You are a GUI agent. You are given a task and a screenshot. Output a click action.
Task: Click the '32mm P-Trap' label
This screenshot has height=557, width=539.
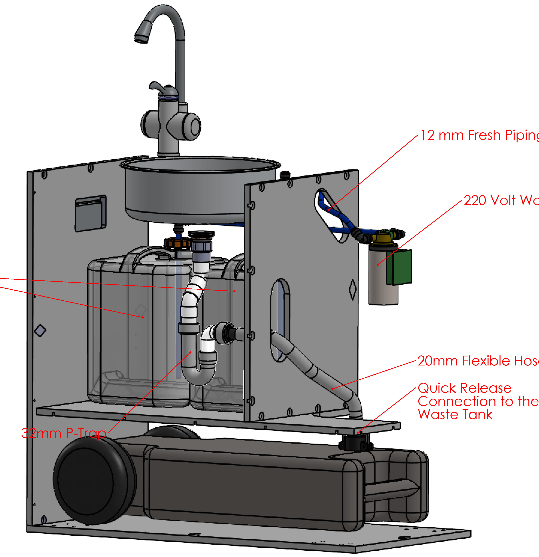click(x=64, y=433)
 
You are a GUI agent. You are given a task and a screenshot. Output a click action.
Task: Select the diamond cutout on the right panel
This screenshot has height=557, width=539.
click(x=352, y=289)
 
